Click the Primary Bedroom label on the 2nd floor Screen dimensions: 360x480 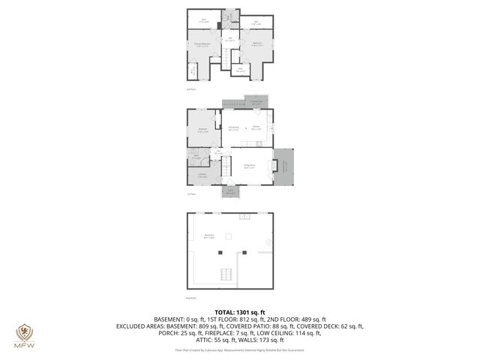[202, 45]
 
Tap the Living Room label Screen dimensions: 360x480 [248, 165]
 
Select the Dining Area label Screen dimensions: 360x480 [234, 127]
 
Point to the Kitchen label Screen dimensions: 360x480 [256, 127]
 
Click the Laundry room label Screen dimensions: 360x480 [202, 175]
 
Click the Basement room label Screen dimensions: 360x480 [209, 235]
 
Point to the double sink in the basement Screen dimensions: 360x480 [244, 217]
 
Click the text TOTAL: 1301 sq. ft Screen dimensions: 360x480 [240, 311]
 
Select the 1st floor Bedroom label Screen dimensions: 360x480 [202, 130]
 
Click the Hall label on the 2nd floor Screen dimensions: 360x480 [231, 38]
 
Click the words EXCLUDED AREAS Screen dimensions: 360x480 [139, 326]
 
